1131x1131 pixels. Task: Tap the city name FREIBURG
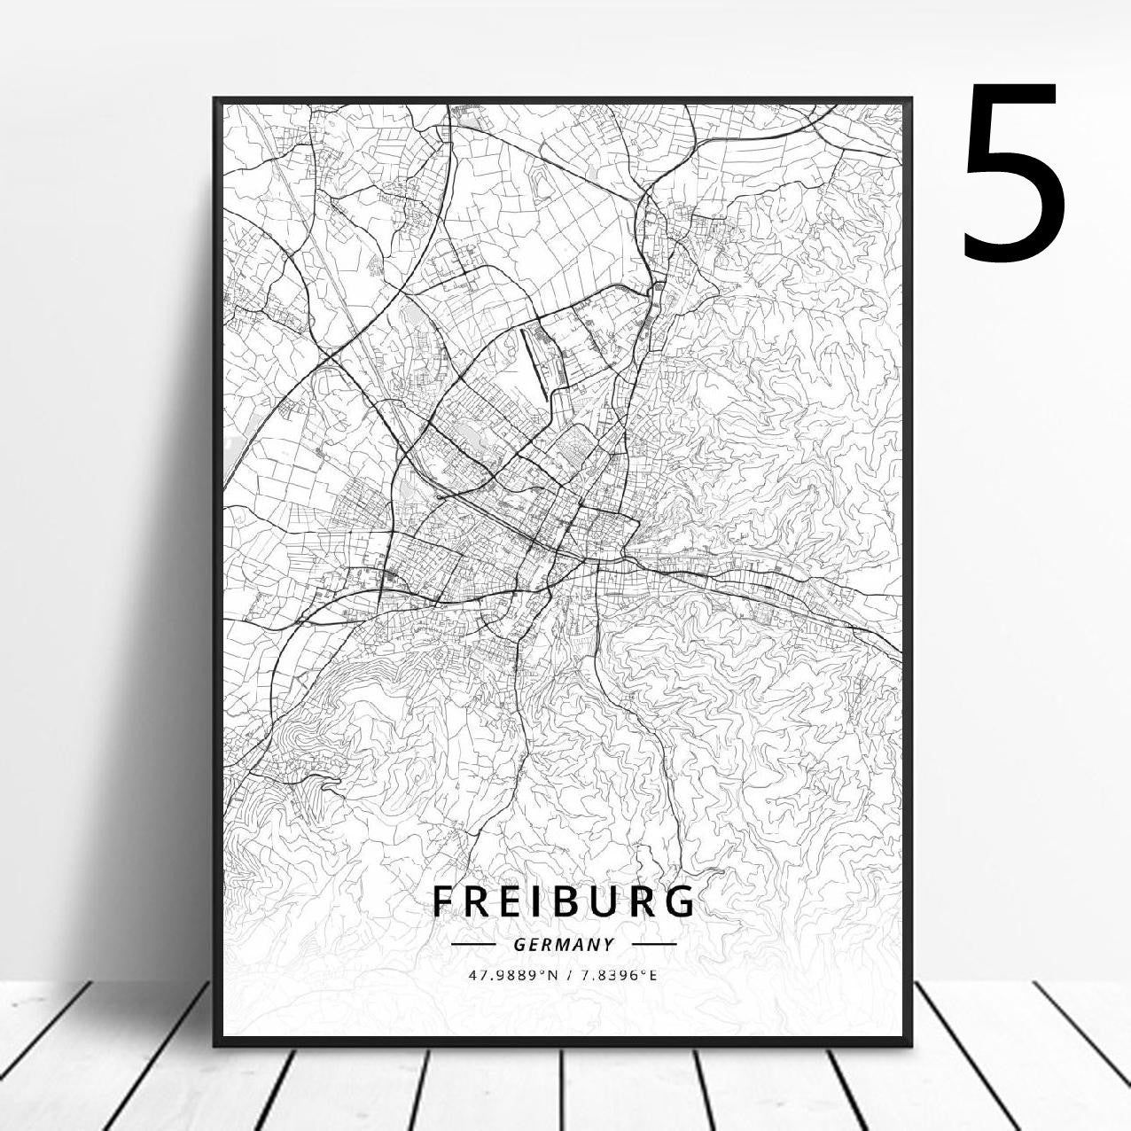564,901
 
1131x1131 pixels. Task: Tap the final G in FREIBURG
681,901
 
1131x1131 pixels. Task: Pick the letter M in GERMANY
562,945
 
